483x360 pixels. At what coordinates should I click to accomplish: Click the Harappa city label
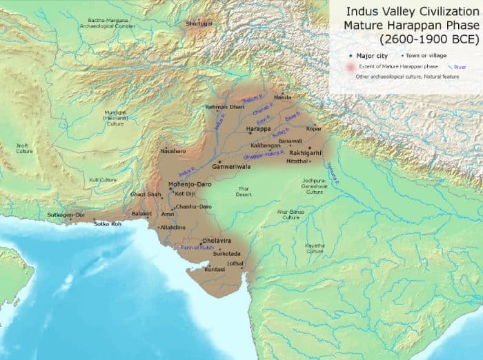coord(259,130)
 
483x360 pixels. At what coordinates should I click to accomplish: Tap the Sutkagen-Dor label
coord(65,214)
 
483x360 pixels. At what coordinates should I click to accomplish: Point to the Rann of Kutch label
coord(195,247)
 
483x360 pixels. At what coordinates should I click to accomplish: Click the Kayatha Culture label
coord(315,248)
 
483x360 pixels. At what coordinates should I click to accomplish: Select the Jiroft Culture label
coord(25,148)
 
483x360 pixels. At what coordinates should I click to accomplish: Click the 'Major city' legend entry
coord(375,53)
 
